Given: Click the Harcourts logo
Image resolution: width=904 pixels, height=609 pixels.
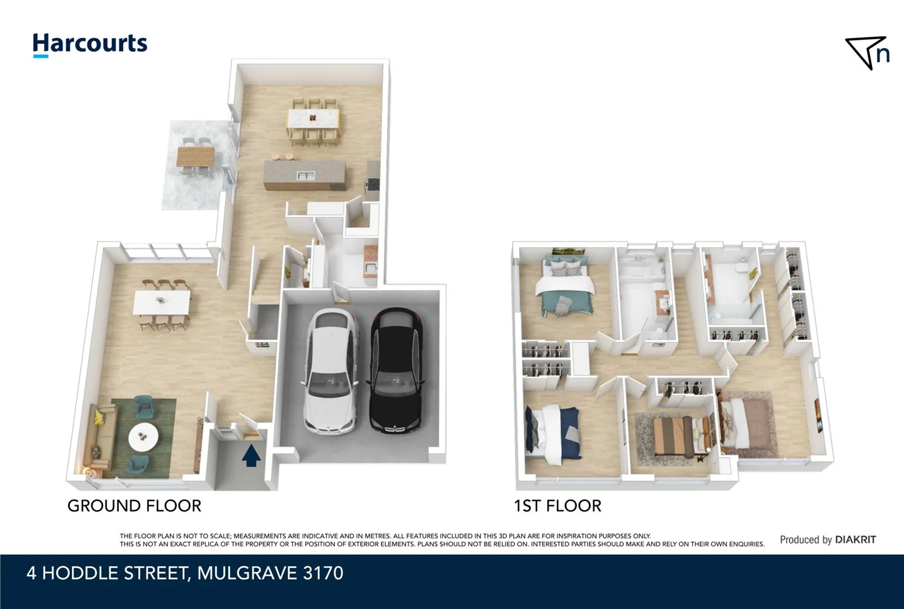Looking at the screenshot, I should pyautogui.click(x=90, y=45).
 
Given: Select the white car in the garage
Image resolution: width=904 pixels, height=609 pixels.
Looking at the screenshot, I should pyautogui.click(x=332, y=371).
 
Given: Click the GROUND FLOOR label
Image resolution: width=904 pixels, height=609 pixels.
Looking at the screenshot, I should pyautogui.click(x=134, y=506).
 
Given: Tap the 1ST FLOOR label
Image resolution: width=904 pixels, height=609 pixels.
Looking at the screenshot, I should pyautogui.click(x=557, y=506).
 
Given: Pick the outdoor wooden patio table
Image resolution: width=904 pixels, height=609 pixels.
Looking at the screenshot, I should pyautogui.click(x=196, y=156).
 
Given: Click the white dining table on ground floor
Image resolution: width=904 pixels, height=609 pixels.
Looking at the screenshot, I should pyautogui.click(x=161, y=302).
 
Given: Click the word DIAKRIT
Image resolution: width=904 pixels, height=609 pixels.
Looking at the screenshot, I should pyautogui.click(x=855, y=540).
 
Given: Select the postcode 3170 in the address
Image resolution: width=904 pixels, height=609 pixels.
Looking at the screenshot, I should pyautogui.click(x=323, y=573).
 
